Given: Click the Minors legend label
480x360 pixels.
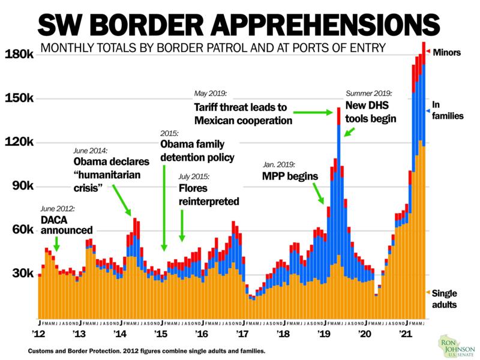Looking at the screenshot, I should point(447,52).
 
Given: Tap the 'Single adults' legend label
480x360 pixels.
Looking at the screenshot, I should point(445,298).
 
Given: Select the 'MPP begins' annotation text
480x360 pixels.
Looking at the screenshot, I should point(287,176).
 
